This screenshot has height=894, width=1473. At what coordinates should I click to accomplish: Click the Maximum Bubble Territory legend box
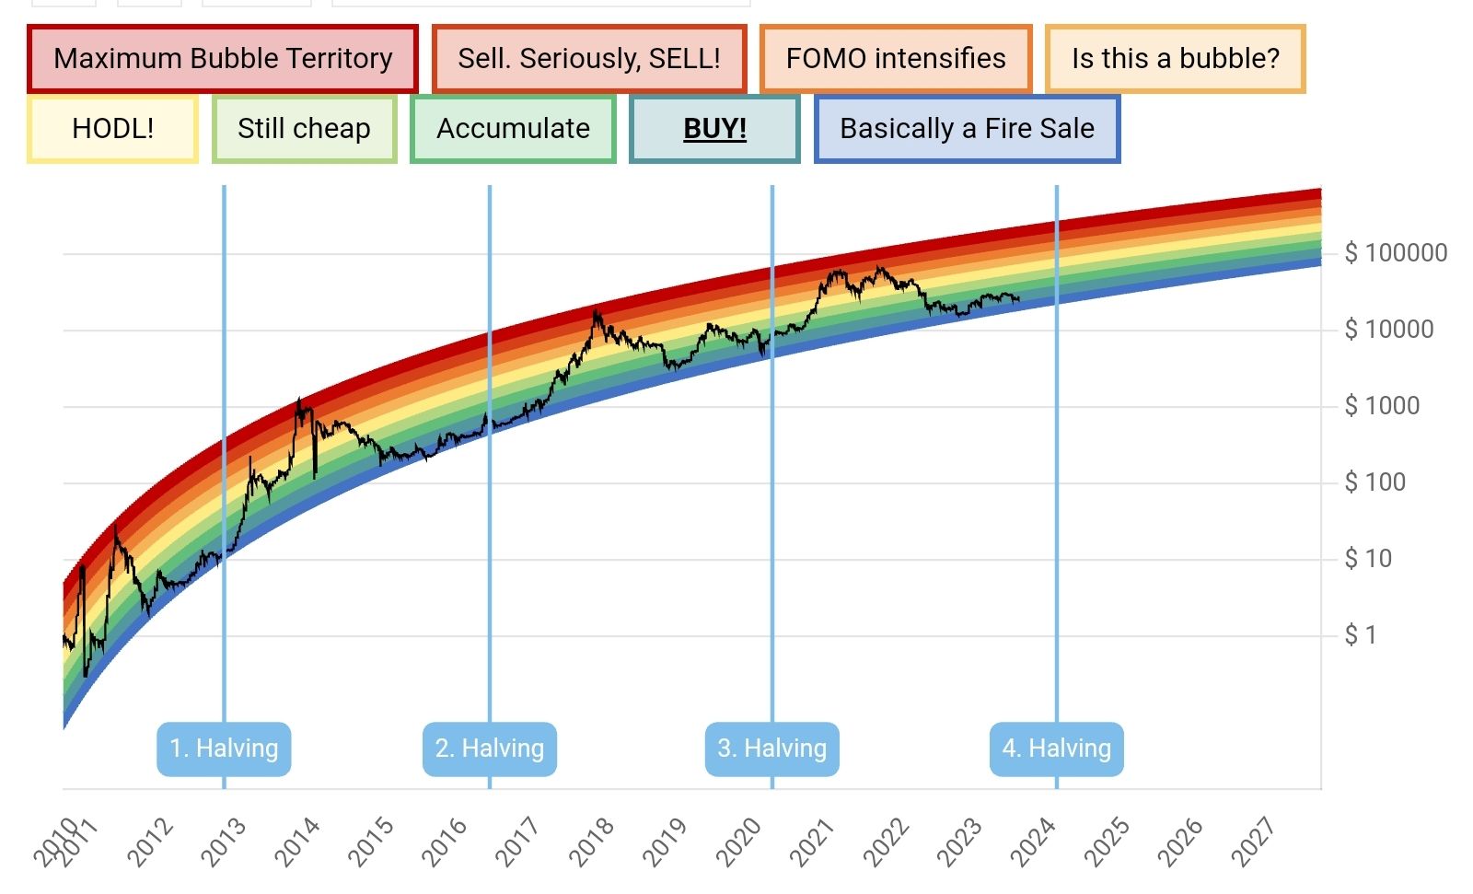[x=223, y=59]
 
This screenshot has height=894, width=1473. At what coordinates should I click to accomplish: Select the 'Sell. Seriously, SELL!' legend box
[x=589, y=59]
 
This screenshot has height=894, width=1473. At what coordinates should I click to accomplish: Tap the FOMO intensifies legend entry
[x=896, y=59]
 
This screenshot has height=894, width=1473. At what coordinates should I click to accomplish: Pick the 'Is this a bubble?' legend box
[x=1176, y=59]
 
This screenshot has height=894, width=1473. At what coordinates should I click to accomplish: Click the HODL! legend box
[x=112, y=129]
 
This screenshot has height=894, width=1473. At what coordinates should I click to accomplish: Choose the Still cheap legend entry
[x=304, y=129]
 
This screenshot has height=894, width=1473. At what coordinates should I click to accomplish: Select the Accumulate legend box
[x=513, y=129]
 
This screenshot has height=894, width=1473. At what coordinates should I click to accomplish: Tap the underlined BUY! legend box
[x=714, y=129]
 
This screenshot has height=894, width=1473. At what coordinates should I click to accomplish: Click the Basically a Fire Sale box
[x=967, y=129]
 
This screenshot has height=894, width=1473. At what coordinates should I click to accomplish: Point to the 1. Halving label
[x=224, y=749]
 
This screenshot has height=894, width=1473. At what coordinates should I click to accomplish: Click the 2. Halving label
[x=490, y=749]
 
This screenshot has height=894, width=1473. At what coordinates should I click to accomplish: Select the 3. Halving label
[x=772, y=749]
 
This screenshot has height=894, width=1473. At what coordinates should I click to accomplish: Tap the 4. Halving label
[x=1057, y=749]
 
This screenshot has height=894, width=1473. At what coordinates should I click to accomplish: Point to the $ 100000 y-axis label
[x=1396, y=253]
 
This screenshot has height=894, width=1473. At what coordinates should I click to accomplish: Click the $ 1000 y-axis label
[x=1382, y=406]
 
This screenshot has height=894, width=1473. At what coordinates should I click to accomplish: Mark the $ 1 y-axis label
[x=1361, y=635]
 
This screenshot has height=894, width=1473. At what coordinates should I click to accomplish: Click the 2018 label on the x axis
[x=591, y=842]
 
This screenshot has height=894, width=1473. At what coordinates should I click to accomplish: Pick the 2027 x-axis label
[x=1253, y=842]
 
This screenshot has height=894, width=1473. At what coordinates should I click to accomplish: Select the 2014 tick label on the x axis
[x=296, y=842]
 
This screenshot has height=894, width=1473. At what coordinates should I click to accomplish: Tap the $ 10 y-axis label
[x=1368, y=559]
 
